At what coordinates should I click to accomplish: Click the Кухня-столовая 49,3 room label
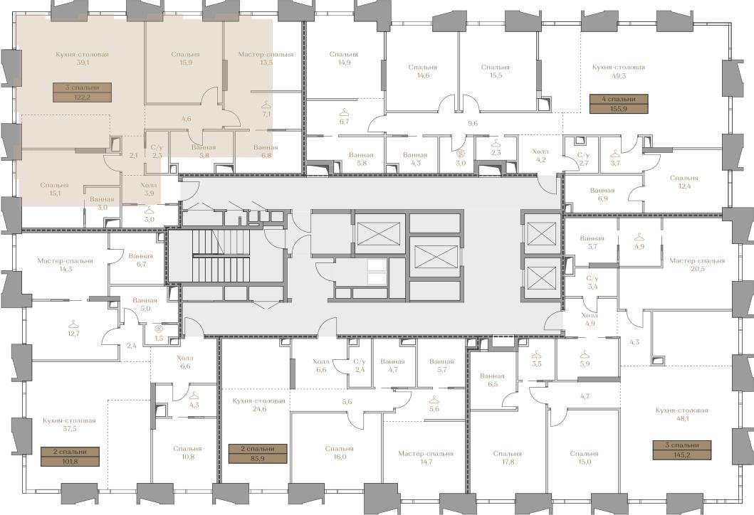tap(619, 72)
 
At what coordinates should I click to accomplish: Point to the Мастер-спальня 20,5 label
tap(697, 265)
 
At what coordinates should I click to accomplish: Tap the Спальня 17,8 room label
tap(508, 457)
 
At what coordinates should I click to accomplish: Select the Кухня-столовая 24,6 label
tap(258, 405)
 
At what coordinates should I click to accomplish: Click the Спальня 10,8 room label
tap(187, 452)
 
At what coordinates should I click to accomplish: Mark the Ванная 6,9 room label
tap(602, 194)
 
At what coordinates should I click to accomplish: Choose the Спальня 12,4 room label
tap(684, 181)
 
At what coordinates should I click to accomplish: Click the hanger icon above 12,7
tap(73, 324)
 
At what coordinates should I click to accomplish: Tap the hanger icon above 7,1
tap(266, 105)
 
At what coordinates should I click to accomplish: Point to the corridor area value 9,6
tap(473, 124)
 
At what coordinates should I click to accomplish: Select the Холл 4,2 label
tap(540, 156)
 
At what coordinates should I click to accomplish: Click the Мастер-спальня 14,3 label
tap(65, 265)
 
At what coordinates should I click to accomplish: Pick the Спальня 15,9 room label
tap(185, 58)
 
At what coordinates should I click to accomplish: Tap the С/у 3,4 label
tap(592, 282)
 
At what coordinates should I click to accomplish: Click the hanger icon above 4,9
tap(639, 237)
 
